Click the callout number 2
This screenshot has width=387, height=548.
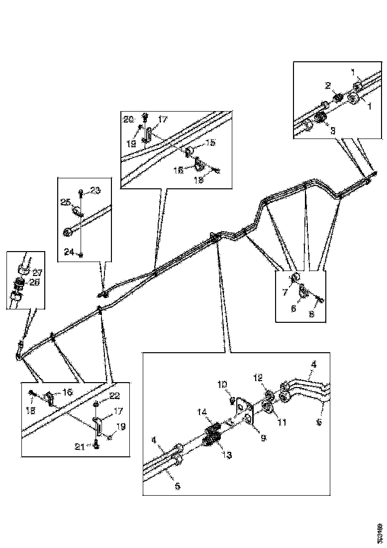pos(328,86)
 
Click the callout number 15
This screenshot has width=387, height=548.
pos(211,143)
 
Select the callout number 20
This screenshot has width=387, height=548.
pos(129,120)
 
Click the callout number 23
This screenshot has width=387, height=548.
pos(95,190)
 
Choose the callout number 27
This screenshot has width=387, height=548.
pos(37,273)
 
